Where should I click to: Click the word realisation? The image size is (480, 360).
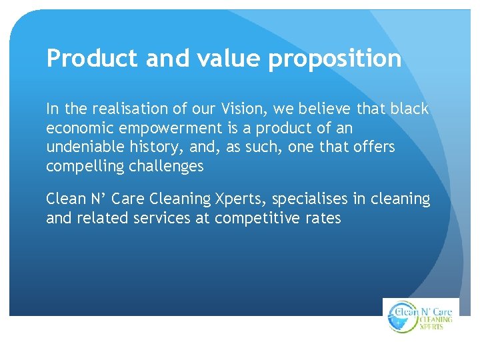(x=118, y=108)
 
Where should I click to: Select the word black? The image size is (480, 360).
(x=411, y=108)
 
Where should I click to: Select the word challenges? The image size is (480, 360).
(x=167, y=166)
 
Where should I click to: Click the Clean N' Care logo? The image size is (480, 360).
(x=421, y=316)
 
